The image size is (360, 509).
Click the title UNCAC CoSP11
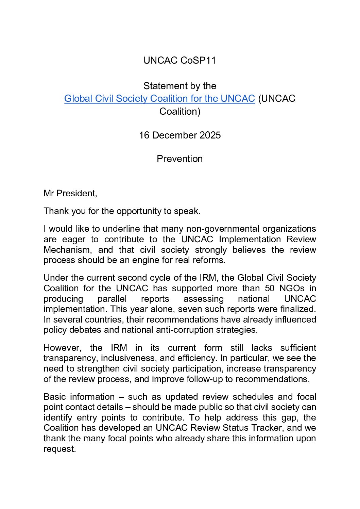coord(179,61)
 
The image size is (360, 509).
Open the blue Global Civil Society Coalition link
coord(159,99)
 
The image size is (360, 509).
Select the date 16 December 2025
coord(179,135)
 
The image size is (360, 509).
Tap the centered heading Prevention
coord(179,159)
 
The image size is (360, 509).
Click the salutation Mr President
coord(70,194)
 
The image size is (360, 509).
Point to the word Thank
coord(56,211)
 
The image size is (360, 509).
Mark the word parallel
coord(112,299)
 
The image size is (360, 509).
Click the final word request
coord(59,449)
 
